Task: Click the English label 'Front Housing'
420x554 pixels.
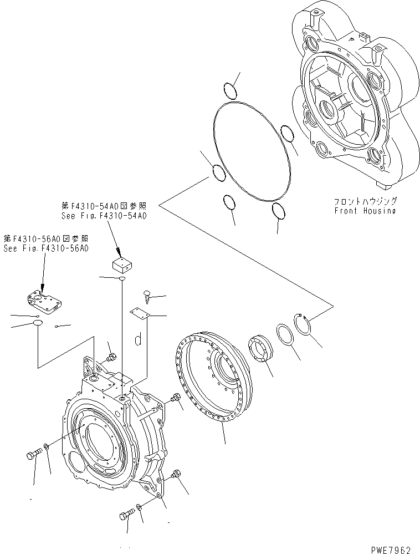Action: click(x=365, y=211)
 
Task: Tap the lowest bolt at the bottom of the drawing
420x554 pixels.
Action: click(x=125, y=516)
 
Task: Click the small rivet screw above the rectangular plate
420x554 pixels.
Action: click(x=147, y=295)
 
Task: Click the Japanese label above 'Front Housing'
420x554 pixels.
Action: click(x=365, y=201)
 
